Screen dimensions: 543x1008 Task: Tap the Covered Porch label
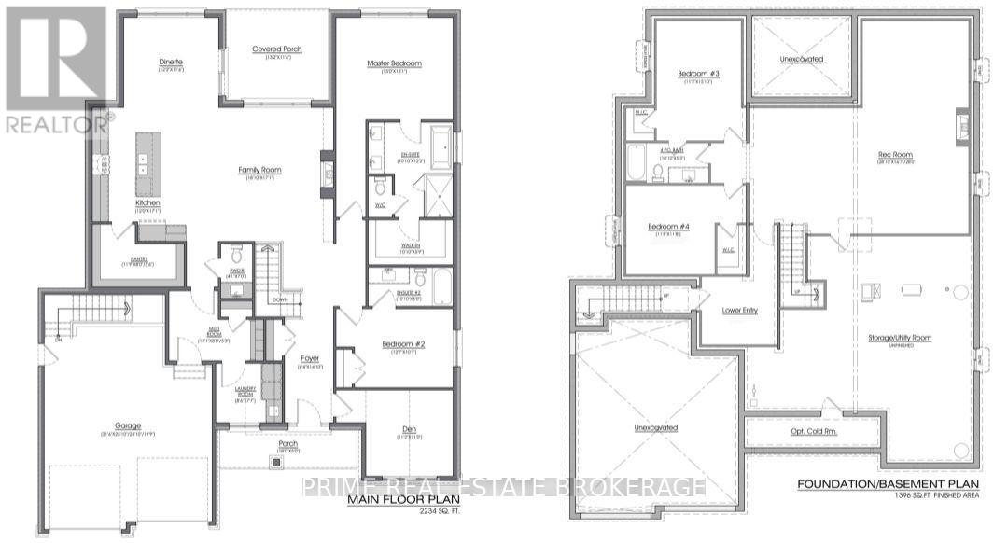(277, 49)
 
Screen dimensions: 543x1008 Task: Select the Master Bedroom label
(394, 63)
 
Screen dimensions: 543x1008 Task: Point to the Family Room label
(259, 170)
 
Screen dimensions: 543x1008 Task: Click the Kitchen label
(147, 202)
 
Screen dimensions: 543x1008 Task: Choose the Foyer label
(310, 357)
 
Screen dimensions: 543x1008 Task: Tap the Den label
(409, 429)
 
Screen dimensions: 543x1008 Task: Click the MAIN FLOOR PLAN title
(396, 500)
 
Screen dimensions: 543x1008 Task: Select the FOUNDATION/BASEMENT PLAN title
(889, 484)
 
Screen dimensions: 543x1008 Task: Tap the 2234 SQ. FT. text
(415, 512)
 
